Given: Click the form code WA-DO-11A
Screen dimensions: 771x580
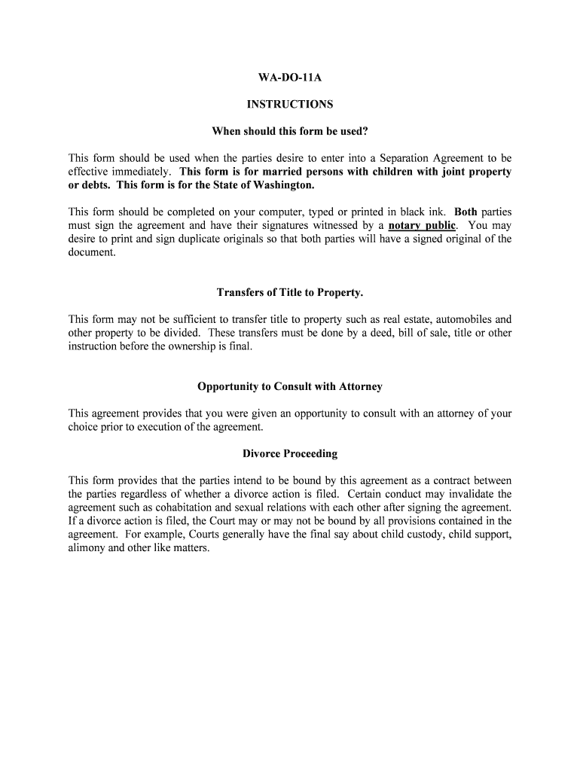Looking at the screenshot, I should click(290, 78).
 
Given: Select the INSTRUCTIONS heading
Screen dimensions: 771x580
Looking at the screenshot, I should click(290, 105).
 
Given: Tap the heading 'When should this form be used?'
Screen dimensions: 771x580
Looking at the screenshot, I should click(290, 132).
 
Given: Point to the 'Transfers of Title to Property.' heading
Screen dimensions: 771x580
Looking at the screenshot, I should click(290, 292).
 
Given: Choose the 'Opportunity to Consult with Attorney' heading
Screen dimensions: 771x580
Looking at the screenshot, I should click(290, 386).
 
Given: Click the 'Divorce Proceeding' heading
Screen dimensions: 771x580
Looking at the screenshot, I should click(290, 454).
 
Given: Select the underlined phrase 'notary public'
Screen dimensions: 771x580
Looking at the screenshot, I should click(422, 225).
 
